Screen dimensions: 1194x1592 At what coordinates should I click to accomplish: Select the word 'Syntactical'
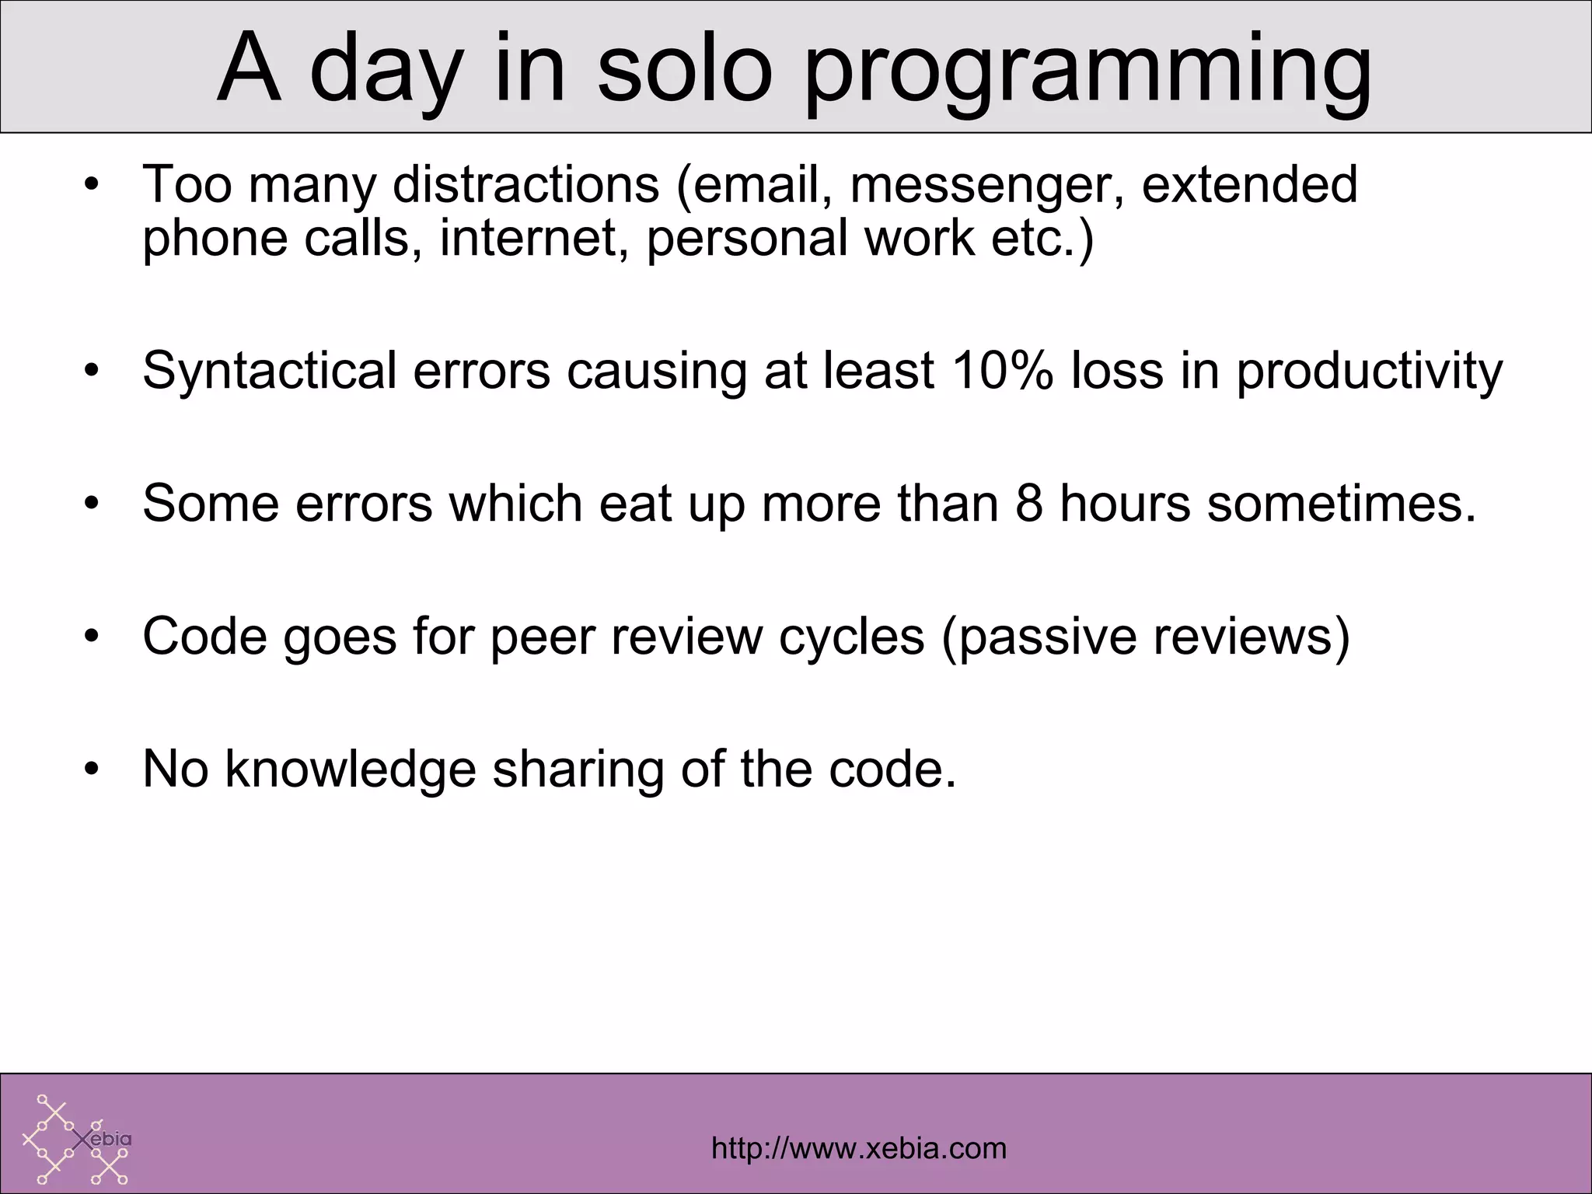click(269, 372)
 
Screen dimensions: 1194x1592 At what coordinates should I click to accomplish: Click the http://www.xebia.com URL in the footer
click(859, 1147)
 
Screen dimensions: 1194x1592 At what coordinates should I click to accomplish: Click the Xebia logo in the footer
click(76, 1139)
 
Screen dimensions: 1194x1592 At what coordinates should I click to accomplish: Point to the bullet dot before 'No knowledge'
click(93, 770)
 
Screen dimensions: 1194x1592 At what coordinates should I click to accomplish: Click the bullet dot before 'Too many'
click(93, 185)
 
